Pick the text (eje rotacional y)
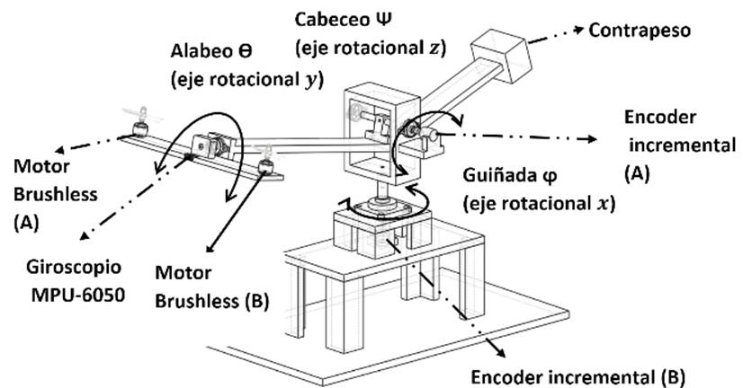point(232,80)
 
